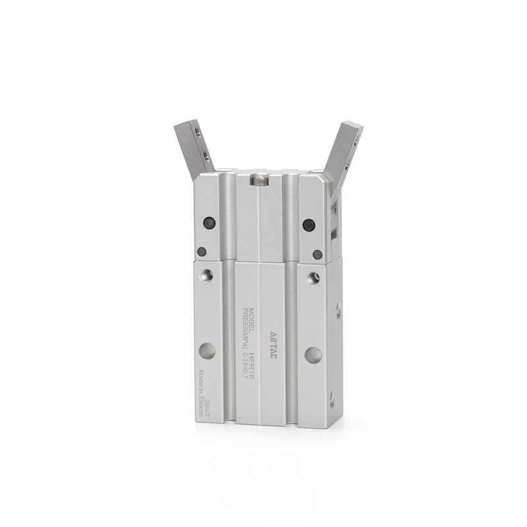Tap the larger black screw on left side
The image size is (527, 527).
(209, 223)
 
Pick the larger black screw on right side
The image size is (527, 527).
(308, 225)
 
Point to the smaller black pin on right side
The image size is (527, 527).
(318, 254)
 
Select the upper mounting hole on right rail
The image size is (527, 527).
(312, 279)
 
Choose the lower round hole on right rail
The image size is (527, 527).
(313, 355)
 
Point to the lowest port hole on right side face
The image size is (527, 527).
(331, 399)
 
